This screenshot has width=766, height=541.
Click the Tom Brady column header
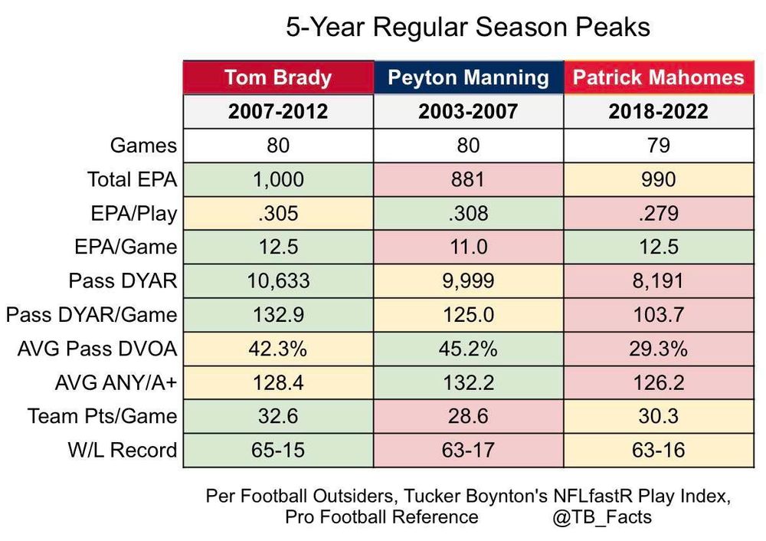coord(278,77)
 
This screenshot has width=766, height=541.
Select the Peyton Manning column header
coord(468,77)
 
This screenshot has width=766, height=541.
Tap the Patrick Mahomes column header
coord(659,77)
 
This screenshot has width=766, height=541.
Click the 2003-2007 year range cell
coord(468,112)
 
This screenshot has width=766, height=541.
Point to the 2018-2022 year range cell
coord(659,112)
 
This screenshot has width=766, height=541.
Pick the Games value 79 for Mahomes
coord(659,146)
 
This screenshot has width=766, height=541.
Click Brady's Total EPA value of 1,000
coord(278,179)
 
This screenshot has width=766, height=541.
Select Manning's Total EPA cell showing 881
coord(468,179)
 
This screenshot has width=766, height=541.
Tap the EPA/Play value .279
coord(659,213)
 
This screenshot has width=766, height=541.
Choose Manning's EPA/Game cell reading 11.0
coord(468,247)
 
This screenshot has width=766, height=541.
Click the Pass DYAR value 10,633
coord(278,280)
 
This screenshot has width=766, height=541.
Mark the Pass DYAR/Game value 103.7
coord(659,314)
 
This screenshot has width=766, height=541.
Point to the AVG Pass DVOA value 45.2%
coord(468,349)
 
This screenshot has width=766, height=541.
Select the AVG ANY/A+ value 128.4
coord(278,382)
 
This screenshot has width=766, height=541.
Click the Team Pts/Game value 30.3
coord(659,416)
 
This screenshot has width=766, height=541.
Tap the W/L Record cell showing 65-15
coord(278,450)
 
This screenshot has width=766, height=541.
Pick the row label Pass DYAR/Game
coord(92,314)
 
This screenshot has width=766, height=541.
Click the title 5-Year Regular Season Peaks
coord(468,28)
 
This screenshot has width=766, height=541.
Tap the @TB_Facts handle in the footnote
coord(601,516)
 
